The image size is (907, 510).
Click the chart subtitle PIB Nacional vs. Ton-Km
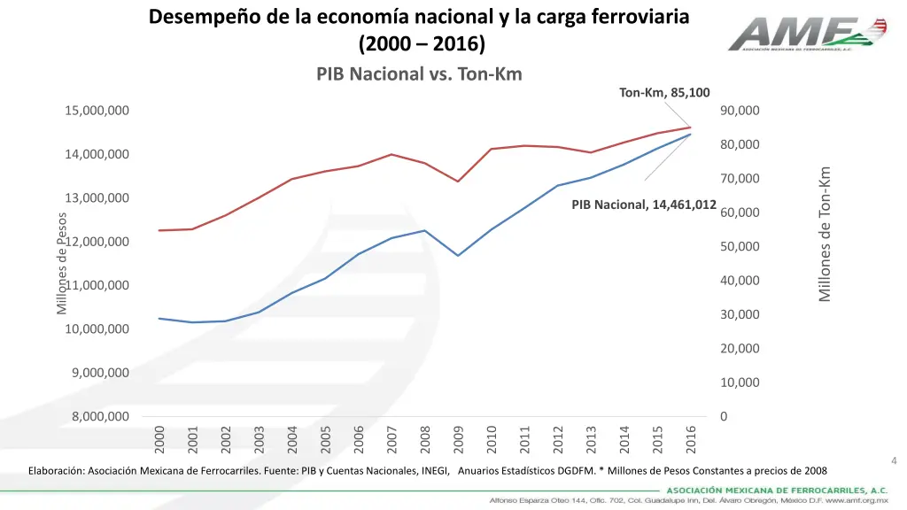pyautogui.click(x=419, y=73)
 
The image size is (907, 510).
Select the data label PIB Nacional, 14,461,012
pyautogui.click(x=644, y=205)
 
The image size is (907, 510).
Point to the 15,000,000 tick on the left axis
pyautogui.click(x=97, y=111)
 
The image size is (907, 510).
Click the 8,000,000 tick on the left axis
pyautogui.click(x=100, y=416)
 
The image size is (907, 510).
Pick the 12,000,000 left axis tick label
pyautogui.click(x=100, y=242)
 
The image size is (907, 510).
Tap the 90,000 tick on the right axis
pyautogui.click(x=740, y=111)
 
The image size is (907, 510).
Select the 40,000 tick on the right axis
pyautogui.click(x=740, y=281)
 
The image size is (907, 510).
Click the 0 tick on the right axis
pyautogui.click(x=724, y=416)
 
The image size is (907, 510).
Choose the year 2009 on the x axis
pyautogui.click(x=458, y=437)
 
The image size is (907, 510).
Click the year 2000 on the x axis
pyautogui.click(x=159, y=437)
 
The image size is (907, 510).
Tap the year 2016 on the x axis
pyautogui.click(x=691, y=437)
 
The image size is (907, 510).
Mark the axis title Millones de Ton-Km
pyautogui.click(x=825, y=234)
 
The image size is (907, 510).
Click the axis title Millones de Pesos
pyautogui.click(x=62, y=263)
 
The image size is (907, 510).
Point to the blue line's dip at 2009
pyautogui.click(x=458, y=255)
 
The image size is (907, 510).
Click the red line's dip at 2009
pyautogui.click(x=458, y=182)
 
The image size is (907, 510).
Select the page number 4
pyautogui.click(x=894, y=460)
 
